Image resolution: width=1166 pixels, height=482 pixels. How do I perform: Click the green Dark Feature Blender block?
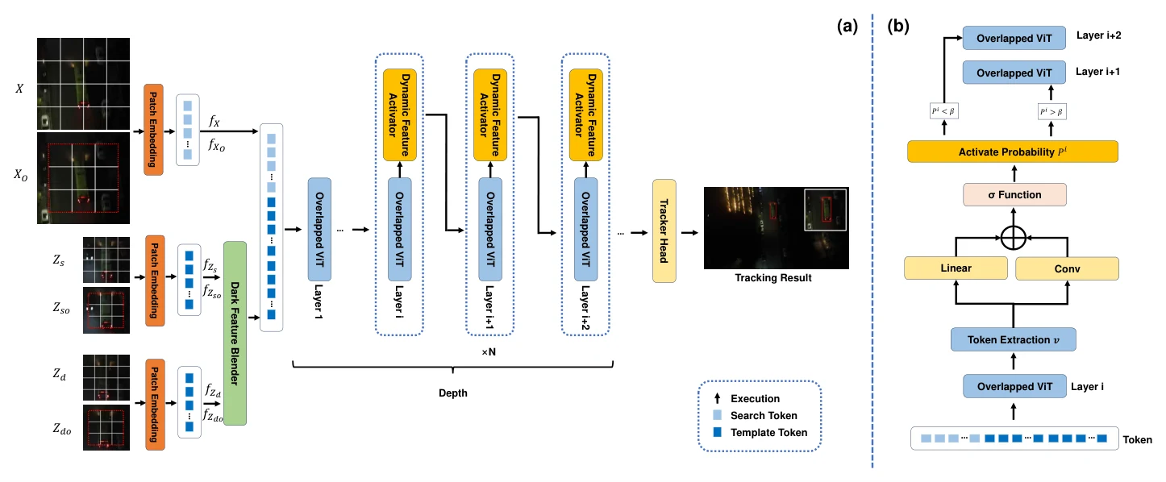235,333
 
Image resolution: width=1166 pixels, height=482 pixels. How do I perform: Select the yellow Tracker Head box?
664,231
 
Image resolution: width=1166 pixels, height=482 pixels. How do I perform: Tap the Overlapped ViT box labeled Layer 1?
319,229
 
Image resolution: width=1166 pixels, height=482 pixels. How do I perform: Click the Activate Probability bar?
1013,152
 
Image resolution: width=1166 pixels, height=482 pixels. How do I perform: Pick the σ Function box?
1014,195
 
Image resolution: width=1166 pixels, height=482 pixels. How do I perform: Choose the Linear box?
956,268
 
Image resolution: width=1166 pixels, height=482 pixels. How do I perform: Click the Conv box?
1067,268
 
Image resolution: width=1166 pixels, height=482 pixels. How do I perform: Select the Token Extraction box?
1013,339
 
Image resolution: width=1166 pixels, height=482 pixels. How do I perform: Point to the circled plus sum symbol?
1013,238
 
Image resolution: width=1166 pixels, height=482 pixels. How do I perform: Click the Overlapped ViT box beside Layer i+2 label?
1014,38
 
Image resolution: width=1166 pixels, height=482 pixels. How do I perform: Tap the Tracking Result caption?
773,278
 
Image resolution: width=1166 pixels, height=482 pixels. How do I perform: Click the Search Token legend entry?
755,415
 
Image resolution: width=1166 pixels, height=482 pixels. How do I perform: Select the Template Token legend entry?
760,433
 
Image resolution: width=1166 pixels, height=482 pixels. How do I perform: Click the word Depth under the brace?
453,393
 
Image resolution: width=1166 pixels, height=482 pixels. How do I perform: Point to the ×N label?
489,352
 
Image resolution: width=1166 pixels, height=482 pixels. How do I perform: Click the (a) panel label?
847,26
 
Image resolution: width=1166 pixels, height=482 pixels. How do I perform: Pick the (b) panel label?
898,26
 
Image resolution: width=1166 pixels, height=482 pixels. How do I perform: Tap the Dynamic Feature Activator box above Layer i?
399,114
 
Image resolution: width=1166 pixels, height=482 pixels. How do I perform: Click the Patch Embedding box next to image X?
153,130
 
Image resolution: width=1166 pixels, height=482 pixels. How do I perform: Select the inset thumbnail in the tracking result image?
825,210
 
